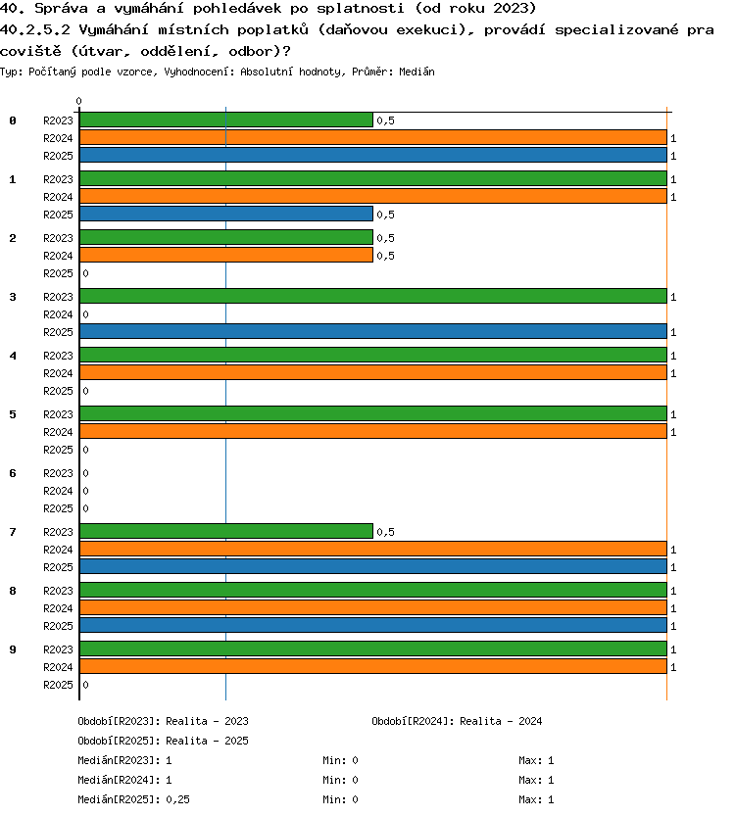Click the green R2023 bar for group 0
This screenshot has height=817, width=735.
tap(226, 120)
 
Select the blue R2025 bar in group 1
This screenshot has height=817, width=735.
tap(226, 215)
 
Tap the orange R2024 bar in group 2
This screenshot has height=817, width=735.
tap(226, 256)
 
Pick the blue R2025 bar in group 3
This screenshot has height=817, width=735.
tap(373, 331)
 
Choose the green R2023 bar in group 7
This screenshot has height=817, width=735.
tap(226, 532)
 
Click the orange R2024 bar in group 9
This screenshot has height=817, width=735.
tap(373, 666)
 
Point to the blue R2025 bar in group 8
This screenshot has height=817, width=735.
tap(373, 625)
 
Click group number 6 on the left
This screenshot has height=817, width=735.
tap(13, 473)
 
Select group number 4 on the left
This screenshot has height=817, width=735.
tap(13, 356)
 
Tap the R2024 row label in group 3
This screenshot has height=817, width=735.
tap(58, 314)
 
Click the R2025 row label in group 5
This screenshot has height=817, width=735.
tap(58, 450)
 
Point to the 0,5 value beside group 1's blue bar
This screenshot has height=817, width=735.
tap(386, 215)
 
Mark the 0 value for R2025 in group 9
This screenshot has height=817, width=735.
tap(85, 685)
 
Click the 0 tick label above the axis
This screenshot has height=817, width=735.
tap(78, 101)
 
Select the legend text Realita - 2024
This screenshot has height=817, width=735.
tap(501, 721)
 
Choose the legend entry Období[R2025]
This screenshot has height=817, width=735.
tap(119, 741)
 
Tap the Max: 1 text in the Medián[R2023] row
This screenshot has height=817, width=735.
tap(536, 761)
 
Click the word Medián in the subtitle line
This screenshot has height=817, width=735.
tap(416, 72)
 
